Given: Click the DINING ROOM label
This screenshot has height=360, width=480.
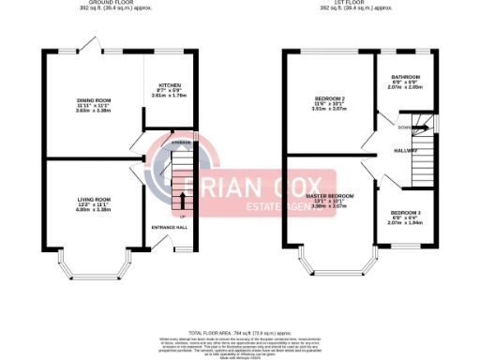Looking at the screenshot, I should (x=94, y=99).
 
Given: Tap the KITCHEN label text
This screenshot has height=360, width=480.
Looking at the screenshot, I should (x=170, y=84).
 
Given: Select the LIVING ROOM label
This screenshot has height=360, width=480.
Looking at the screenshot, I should (x=94, y=199).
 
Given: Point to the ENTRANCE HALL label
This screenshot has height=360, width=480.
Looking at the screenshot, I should (x=170, y=228).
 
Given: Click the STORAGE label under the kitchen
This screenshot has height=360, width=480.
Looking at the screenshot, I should (x=181, y=142).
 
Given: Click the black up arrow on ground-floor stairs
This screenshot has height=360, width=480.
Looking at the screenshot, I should (x=182, y=200).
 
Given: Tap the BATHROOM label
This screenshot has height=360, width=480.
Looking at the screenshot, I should (x=406, y=77).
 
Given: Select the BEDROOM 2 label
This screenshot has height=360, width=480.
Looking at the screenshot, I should (x=331, y=98).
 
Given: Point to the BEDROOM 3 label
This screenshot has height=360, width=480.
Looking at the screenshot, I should (x=406, y=213).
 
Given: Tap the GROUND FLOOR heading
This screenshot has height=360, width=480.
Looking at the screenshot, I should (x=119, y=3).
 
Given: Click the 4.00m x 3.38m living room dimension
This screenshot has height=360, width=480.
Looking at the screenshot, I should (x=94, y=210).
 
